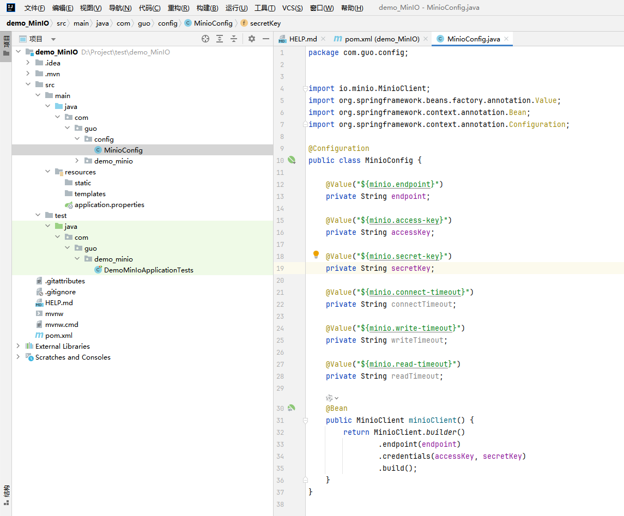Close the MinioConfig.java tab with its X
[506, 39]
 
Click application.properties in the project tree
[110, 204]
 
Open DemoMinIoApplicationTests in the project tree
[148, 270]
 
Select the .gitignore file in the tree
[60, 292]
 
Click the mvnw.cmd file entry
[62, 324]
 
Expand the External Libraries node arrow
[18, 346]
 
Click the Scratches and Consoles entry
[73, 357]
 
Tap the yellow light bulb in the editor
[316, 254]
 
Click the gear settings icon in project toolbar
[252, 39]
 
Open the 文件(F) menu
[35, 8]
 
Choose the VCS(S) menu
[293, 8]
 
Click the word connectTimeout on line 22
[422, 305]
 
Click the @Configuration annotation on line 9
[338, 148]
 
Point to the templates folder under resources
[90, 194]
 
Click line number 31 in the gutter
[280, 420]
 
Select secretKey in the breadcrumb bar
[265, 23]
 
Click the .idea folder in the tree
[52, 63]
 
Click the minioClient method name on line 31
[432, 420]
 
